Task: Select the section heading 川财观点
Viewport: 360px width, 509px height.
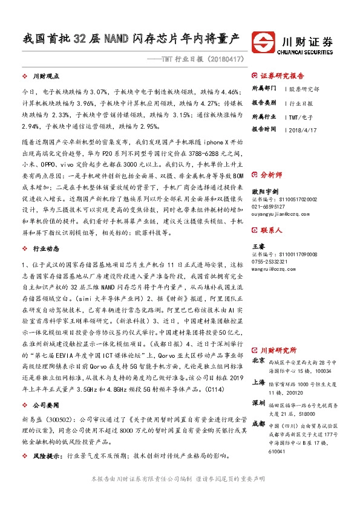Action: [45, 77]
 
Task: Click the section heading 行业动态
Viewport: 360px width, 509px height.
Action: [45, 232]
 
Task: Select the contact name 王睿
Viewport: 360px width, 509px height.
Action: [258, 247]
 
